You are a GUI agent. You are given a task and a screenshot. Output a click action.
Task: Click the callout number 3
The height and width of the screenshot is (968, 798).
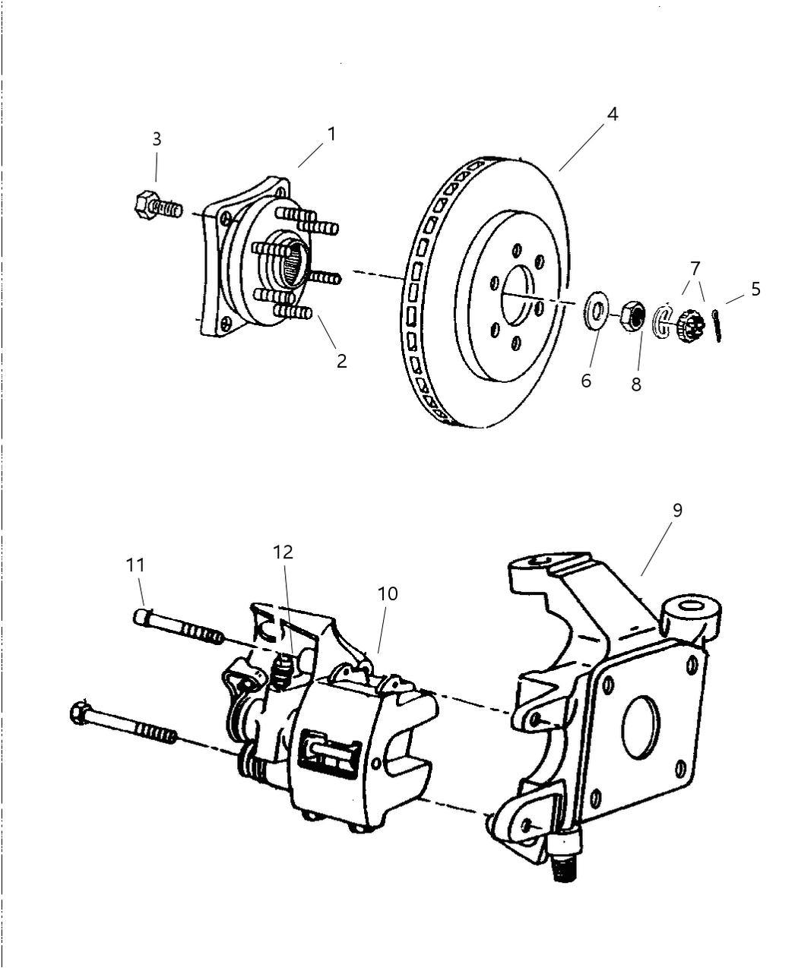click(157, 139)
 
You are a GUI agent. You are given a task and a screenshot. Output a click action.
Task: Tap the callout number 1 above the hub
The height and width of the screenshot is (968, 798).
click(331, 134)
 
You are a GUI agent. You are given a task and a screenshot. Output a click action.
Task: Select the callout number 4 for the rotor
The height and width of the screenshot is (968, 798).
click(612, 114)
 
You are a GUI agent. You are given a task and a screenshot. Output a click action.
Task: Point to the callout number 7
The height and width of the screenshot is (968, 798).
click(695, 267)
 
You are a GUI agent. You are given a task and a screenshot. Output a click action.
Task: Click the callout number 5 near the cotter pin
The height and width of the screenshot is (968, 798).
click(755, 289)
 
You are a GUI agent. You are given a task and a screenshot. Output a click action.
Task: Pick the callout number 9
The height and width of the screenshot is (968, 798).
click(676, 510)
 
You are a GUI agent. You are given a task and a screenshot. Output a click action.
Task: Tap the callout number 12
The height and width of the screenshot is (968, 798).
click(283, 552)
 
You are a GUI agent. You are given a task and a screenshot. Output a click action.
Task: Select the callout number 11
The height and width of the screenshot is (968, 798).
click(135, 565)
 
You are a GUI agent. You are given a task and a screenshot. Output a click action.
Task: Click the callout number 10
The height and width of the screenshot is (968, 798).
click(388, 593)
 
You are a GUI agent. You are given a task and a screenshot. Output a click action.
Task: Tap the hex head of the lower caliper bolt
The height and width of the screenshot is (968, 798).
click(79, 713)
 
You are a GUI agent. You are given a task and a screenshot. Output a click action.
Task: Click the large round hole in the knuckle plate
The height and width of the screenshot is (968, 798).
click(641, 727)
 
